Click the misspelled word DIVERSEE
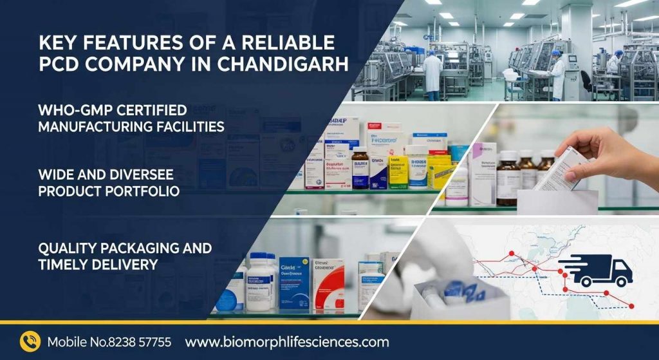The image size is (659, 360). pyautogui.click(x=131, y=175)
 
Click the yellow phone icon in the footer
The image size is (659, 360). pyautogui.click(x=30, y=341)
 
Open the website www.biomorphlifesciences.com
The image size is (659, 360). pyautogui.click(x=287, y=342)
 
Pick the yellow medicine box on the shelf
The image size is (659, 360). pyautogui.click(x=440, y=171)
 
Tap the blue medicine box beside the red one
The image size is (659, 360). pyautogui.click(x=294, y=283)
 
